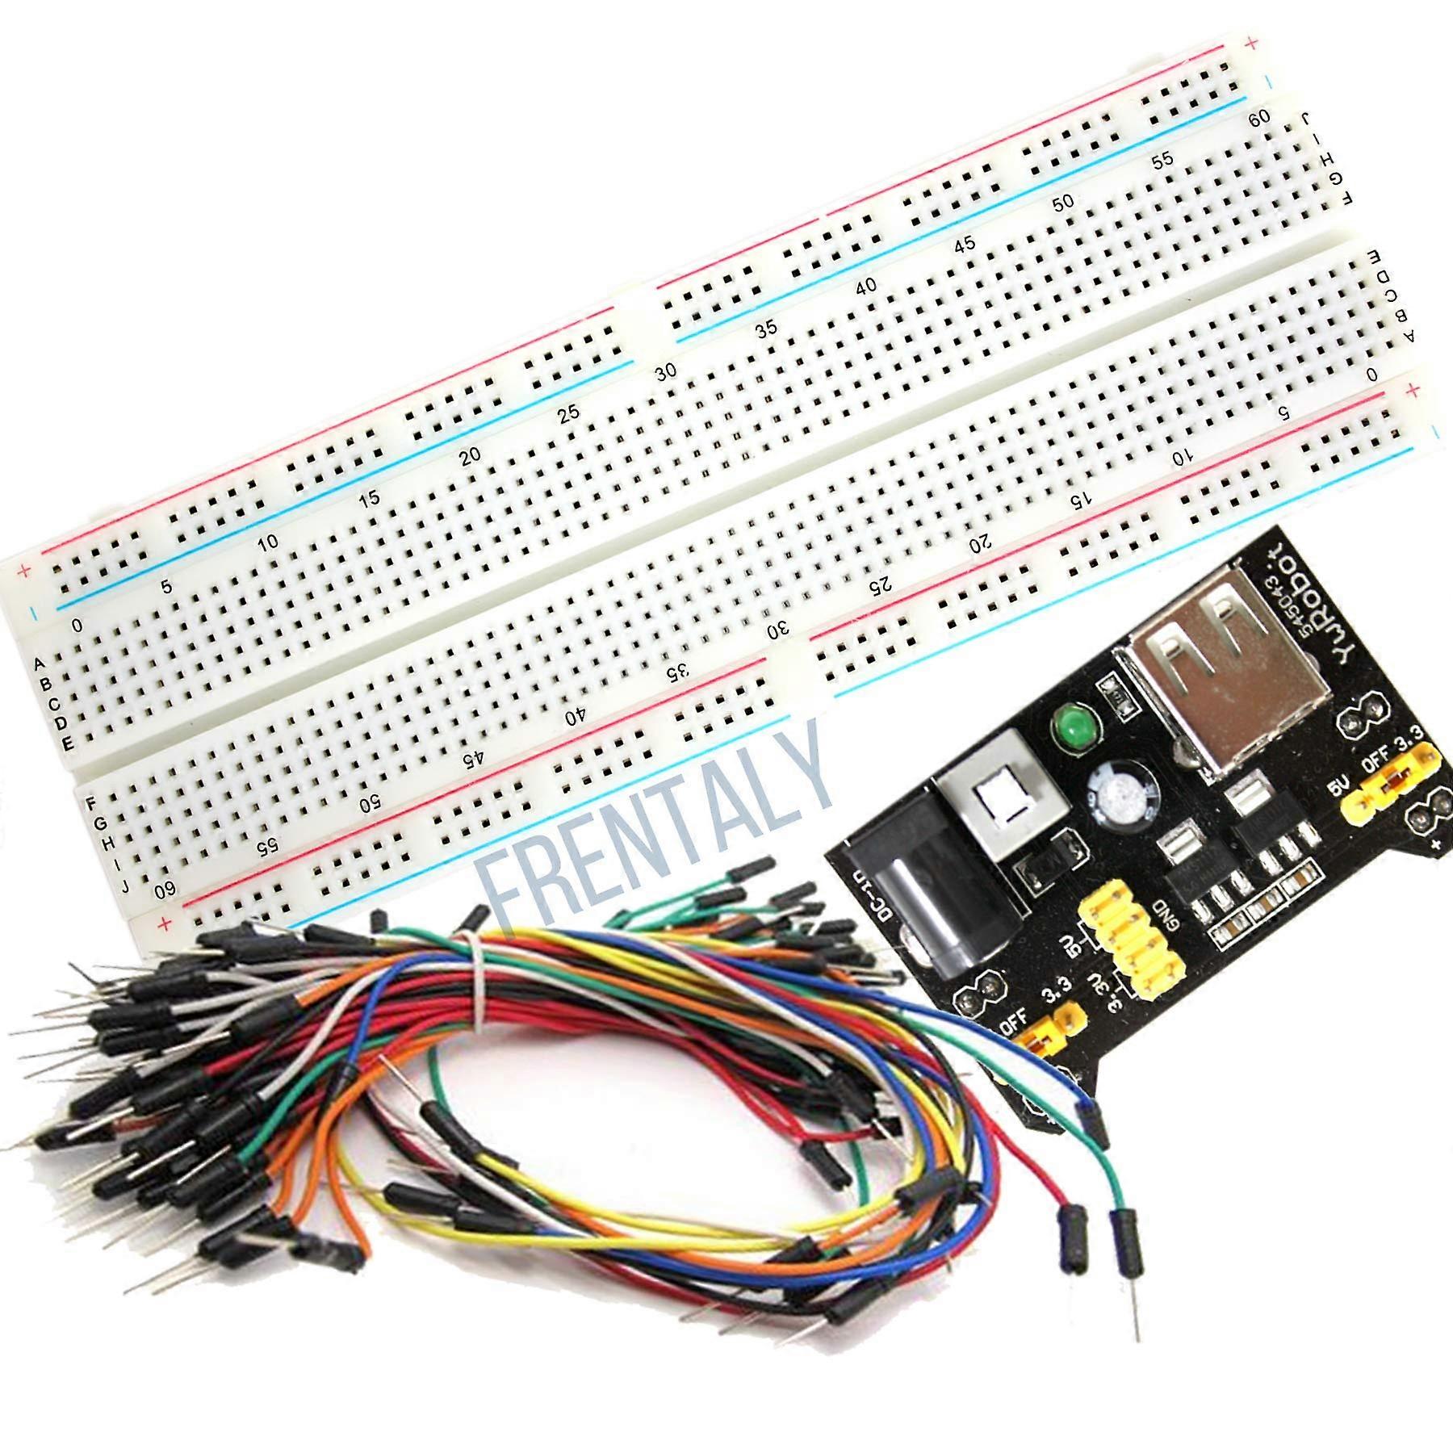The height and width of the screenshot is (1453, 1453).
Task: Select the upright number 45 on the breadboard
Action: click(x=965, y=244)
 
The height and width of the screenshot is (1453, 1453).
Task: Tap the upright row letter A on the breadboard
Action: click(x=39, y=664)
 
